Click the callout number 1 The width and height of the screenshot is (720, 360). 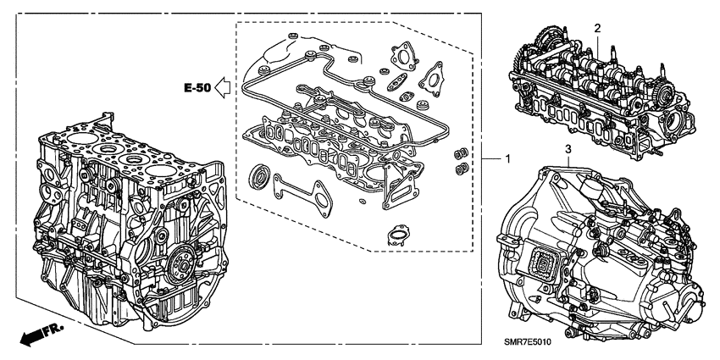[x=507, y=160]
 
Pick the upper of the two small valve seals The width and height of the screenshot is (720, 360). [x=462, y=154]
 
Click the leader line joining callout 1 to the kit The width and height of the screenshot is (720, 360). [x=487, y=160]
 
